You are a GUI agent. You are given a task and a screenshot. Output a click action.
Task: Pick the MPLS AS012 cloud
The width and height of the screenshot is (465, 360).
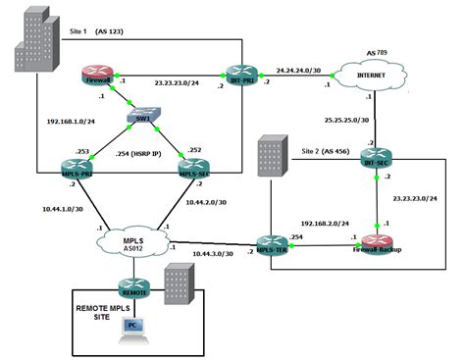pyautogui.click(x=134, y=238)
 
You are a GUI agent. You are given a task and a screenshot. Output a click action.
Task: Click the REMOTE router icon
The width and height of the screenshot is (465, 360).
pyautogui.click(x=133, y=287)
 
